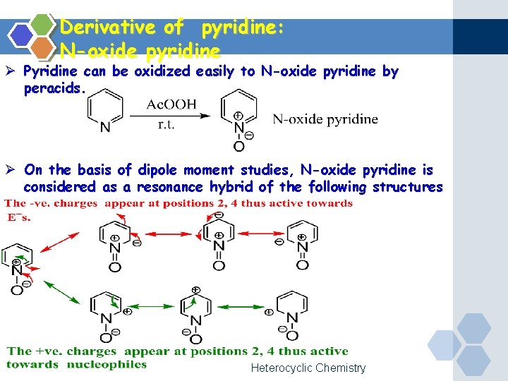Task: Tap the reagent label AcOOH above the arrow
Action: point(171,104)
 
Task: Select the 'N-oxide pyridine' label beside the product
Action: point(325,119)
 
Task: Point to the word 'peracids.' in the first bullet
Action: point(54,89)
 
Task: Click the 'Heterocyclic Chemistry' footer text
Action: point(308,368)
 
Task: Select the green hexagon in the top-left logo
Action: point(43,25)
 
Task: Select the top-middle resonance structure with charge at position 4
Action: point(219,240)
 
